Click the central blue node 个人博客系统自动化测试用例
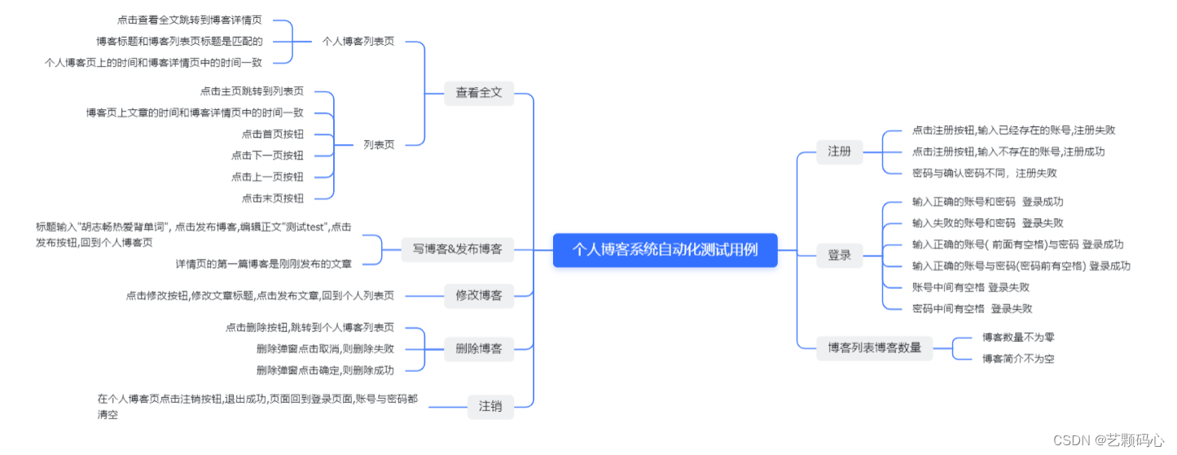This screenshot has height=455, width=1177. (665, 250)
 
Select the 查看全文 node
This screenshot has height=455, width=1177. (479, 93)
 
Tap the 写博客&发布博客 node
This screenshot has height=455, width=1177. (458, 249)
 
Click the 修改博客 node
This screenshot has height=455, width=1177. (479, 295)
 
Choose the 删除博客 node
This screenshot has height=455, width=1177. (479, 349)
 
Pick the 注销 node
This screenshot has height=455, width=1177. (490, 405)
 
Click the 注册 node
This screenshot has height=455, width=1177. (839, 151)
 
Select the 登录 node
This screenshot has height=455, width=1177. (839, 256)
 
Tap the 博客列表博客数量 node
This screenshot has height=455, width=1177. (874, 348)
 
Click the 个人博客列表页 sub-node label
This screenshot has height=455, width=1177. (358, 41)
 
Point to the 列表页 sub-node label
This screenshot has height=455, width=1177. (379, 145)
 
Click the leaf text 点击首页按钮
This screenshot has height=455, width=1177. (273, 134)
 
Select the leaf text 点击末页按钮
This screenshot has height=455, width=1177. (273, 198)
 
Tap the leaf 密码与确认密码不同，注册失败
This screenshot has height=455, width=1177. (985, 173)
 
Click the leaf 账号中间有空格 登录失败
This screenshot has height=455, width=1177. (971, 287)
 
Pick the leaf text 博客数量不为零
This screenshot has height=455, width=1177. (1018, 337)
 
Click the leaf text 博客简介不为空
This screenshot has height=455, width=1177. (1018, 358)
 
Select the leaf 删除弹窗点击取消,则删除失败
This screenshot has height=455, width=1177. (325, 348)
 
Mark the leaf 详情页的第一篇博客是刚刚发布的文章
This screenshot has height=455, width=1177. (264, 264)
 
